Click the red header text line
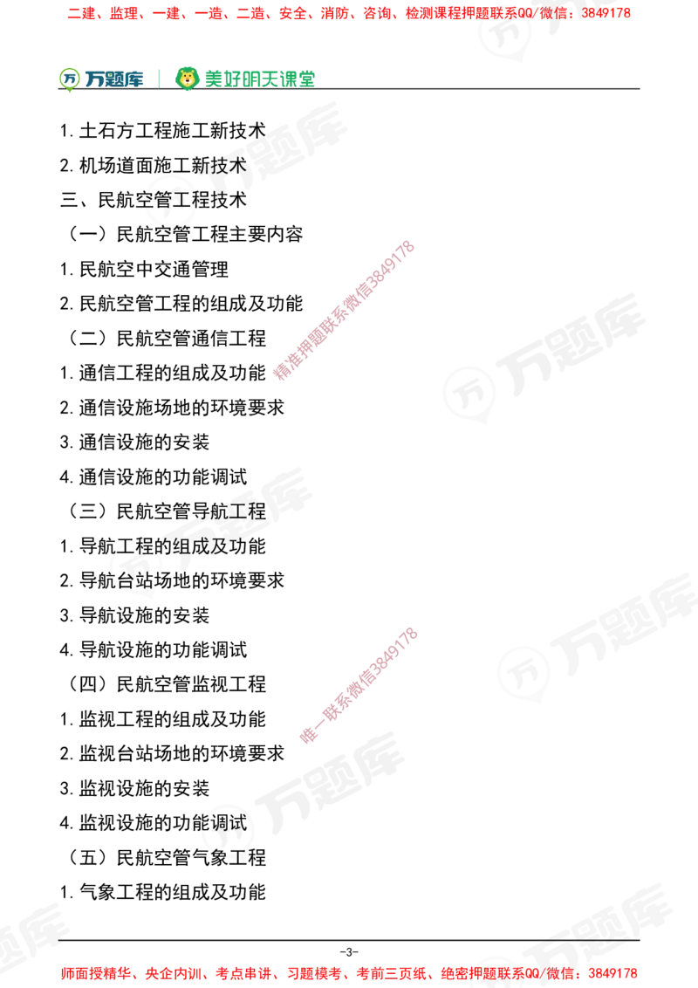[349, 14]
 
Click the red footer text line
[349, 972]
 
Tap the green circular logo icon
[68, 79]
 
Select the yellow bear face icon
[187, 79]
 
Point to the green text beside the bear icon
[259, 79]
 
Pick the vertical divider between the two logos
[158, 77]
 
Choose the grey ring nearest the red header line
[504, 33]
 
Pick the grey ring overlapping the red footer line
[496, 969]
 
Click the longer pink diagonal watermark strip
[343, 310]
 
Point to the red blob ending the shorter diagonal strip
[308, 735]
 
